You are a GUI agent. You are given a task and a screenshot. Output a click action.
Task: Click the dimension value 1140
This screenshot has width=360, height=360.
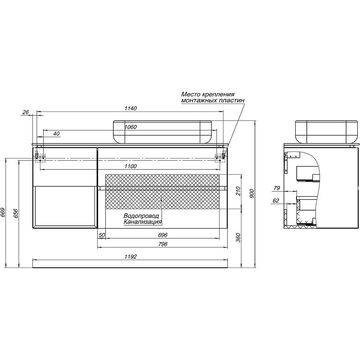point(130,108)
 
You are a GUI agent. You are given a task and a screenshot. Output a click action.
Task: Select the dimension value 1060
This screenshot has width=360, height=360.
point(130,127)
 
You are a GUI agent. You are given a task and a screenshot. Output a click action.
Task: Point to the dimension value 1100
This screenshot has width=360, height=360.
point(130,166)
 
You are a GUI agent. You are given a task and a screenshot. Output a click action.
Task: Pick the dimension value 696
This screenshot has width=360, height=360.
point(162,235)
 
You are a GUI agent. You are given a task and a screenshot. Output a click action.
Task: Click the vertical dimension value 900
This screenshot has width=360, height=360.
point(252,193)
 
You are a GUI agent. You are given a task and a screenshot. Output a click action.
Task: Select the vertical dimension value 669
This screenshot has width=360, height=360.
point(4,212)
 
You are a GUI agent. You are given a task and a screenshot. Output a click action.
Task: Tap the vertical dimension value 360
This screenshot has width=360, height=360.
point(239,238)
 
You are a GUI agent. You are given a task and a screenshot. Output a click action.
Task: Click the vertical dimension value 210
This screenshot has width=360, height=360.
point(239,192)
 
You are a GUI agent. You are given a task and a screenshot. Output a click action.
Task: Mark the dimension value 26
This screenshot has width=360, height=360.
point(25,112)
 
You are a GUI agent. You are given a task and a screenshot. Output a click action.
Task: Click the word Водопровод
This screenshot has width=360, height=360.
point(141,216)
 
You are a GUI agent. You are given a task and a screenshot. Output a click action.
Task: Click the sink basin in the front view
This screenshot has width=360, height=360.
point(162,131)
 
